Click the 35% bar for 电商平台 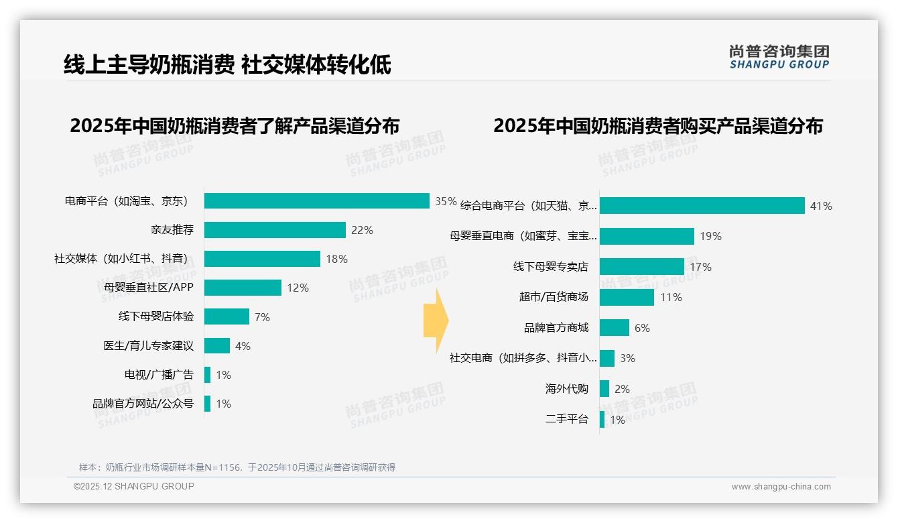316,201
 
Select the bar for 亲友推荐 275,230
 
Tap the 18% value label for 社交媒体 337,259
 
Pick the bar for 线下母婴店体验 227,316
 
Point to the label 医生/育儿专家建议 148,346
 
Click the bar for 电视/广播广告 208,375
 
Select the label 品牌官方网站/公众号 143,404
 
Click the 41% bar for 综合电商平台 702,206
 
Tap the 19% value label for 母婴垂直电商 711,236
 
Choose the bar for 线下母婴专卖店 641,267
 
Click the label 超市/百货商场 554,297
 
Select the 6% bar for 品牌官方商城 614,328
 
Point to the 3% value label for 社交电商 627,358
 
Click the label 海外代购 566,389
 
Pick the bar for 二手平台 602,420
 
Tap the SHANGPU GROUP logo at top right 779,56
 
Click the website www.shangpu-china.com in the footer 781,487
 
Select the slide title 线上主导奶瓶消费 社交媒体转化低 227,65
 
